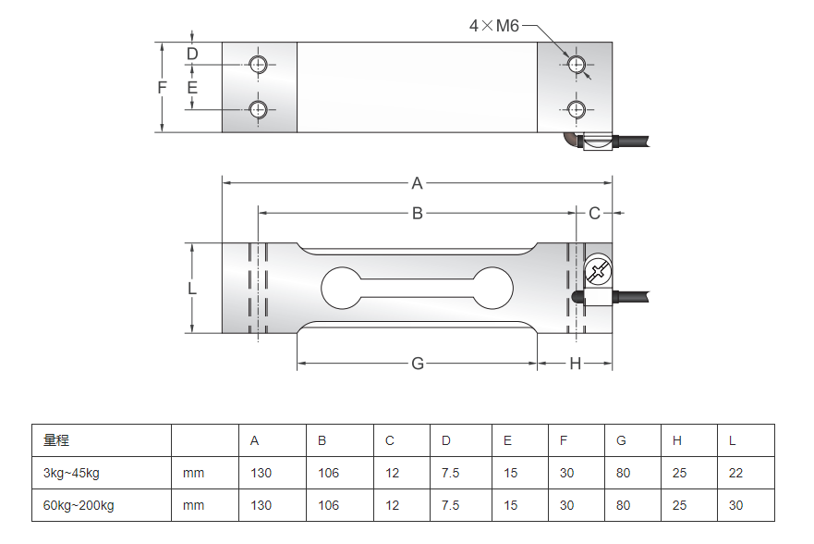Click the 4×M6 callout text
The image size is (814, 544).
tap(494, 26)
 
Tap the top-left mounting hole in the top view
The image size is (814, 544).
tap(259, 64)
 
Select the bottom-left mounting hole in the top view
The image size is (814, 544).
tap(259, 109)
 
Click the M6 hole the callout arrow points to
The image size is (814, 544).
tap(577, 64)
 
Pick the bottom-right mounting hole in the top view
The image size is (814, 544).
tap(577, 109)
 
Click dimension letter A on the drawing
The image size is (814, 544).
tap(417, 181)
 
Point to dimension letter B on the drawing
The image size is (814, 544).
tap(417, 214)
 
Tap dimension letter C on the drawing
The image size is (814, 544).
tap(594, 214)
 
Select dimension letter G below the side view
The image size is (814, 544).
tap(417, 364)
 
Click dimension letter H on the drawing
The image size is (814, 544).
tap(575, 364)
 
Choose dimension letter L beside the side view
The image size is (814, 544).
tap(192, 288)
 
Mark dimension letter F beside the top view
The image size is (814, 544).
tap(162, 87)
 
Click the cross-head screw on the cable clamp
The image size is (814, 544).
tap(597, 271)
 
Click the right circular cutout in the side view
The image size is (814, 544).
tap(492, 288)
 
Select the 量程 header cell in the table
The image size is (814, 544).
tap(56, 440)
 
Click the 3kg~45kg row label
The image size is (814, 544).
tap(71, 473)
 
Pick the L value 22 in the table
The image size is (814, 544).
tap(735, 473)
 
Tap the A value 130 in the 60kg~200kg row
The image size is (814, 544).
tap(261, 505)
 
